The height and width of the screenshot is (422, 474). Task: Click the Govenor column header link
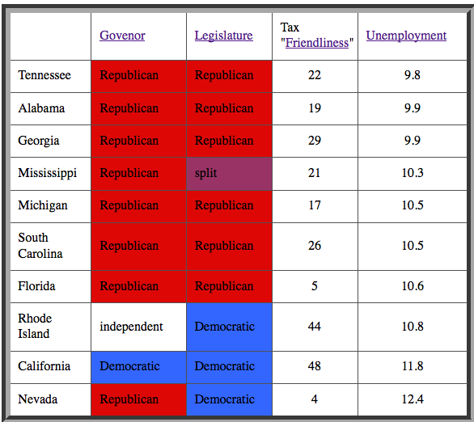point(122,36)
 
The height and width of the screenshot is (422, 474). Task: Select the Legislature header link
point(224,36)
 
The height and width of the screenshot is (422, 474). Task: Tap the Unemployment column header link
point(406,36)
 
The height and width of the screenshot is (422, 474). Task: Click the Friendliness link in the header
point(317,43)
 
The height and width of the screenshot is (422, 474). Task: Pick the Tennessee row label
point(44,75)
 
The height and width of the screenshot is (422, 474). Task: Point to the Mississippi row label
point(48,173)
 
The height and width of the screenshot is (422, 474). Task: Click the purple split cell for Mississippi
point(230,174)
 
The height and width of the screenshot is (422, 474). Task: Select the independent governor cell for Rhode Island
point(139,327)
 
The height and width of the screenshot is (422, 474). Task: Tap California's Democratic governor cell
point(139,367)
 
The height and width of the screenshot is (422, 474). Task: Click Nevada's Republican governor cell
point(139,399)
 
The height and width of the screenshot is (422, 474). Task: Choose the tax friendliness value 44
point(315,327)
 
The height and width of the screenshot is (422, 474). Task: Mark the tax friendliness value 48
point(315,366)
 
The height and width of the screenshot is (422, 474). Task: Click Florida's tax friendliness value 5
point(315,286)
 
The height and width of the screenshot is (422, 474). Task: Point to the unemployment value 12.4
point(413,399)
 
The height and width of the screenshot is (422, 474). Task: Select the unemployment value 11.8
point(413,366)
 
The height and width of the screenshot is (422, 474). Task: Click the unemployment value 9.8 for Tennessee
point(413,75)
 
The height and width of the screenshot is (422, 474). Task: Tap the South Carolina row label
point(40,246)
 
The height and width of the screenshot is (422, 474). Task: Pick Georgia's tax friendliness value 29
point(315,141)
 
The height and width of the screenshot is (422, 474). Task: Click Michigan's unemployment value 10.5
point(413,205)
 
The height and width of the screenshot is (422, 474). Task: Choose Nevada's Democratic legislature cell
point(230,399)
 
